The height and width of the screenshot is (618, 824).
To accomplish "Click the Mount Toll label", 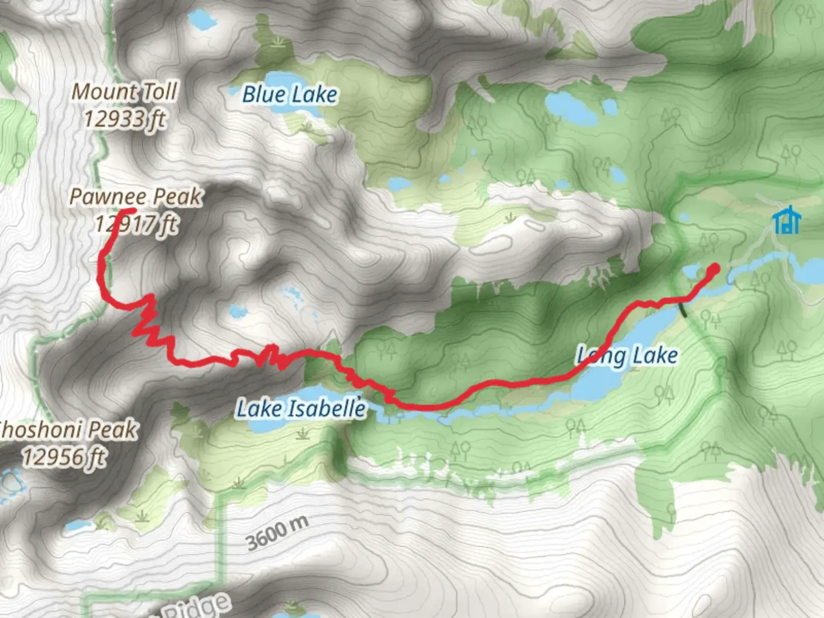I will pyautogui.click(x=125, y=92).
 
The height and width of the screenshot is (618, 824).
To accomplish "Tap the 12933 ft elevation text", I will pyautogui.click(x=125, y=119).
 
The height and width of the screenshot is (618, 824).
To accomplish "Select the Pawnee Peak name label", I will pyautogui.click(x=136, y=196).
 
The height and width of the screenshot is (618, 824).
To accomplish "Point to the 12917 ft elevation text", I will pyautogui.click(x=136, y=224).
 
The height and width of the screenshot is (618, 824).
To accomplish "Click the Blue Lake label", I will pyautogui.click(x=290, y=94).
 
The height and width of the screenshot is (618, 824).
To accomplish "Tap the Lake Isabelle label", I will pyautogui.click(x=301, y=409).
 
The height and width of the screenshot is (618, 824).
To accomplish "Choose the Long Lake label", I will pyautogui.click(x=627, y=356).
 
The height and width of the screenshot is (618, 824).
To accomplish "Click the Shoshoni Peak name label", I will pyautogui.click(x=68, y=429).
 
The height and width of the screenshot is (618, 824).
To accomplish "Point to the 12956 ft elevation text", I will pyautogui.click(x=64, y=457).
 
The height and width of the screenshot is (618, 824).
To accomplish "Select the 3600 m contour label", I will pyautogui.click(x=278, y=532).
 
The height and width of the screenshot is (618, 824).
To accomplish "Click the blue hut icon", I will pyautogui.click(x=787, y=220).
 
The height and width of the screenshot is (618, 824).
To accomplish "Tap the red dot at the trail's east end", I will pyautogui.click(x=714, y=268).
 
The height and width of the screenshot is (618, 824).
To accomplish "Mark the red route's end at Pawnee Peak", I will pyautogui.click(x=130, y=211).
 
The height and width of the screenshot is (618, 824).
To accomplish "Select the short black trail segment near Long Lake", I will pyautogui.click(x=683, y=309).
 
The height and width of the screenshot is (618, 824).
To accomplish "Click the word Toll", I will pyautogui.click(x=159, y=92).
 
